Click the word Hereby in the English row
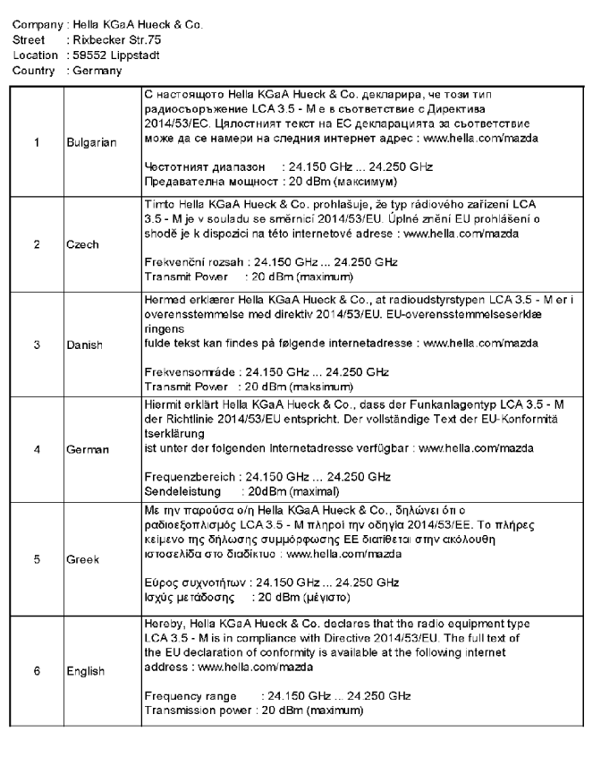coord(164,622)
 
